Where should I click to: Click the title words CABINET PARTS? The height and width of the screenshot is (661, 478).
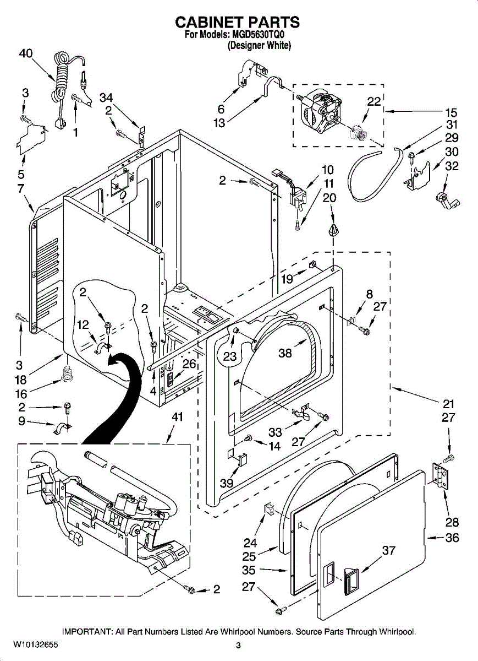tap(237, 22)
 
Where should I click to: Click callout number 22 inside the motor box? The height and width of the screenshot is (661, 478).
tap(373, 101)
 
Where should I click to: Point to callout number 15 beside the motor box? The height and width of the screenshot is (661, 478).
tap(450, 111)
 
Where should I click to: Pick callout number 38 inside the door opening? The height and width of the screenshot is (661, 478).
tap(285, 354)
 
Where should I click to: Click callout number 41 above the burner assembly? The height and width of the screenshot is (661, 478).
tap(177, 417)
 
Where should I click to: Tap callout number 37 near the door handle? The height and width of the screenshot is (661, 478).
tap(388, 550)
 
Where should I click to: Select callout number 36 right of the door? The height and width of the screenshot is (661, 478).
tap(452, 538)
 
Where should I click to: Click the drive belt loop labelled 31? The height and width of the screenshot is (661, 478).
tap(375, 176)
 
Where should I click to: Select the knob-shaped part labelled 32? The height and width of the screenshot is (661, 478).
tap(443, 199)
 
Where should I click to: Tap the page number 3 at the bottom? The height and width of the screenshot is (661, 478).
tap(238, 646)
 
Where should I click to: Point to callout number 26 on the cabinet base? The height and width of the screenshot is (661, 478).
tap(189, 364)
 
